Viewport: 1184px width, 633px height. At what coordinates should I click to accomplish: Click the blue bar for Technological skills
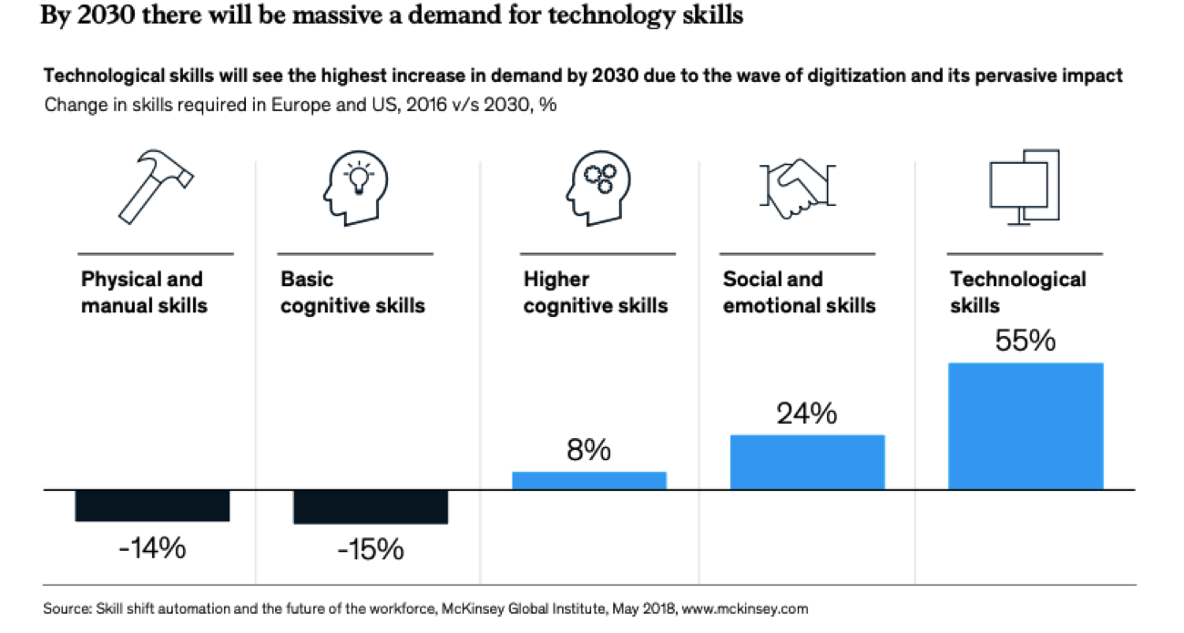(1026, 425)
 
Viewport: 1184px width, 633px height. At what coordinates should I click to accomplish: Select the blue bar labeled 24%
(807, 462)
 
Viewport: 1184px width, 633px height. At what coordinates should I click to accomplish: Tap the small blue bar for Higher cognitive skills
(589, 480)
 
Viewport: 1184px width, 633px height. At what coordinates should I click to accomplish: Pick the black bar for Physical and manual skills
(152, 506)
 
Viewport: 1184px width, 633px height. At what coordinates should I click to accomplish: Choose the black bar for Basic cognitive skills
(371, 507)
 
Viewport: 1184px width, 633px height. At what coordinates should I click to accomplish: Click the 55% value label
(1026, 341)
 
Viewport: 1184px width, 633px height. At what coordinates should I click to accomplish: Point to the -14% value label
(152, 548)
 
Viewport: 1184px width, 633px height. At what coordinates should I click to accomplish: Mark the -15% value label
(371, 549)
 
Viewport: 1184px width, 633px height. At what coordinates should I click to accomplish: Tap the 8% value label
(589, 450)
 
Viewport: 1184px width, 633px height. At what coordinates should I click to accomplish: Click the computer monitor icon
(1024, 187)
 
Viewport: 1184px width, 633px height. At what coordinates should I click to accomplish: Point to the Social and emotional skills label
(799, 292)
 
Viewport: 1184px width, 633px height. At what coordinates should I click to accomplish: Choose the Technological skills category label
(1017, 292)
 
